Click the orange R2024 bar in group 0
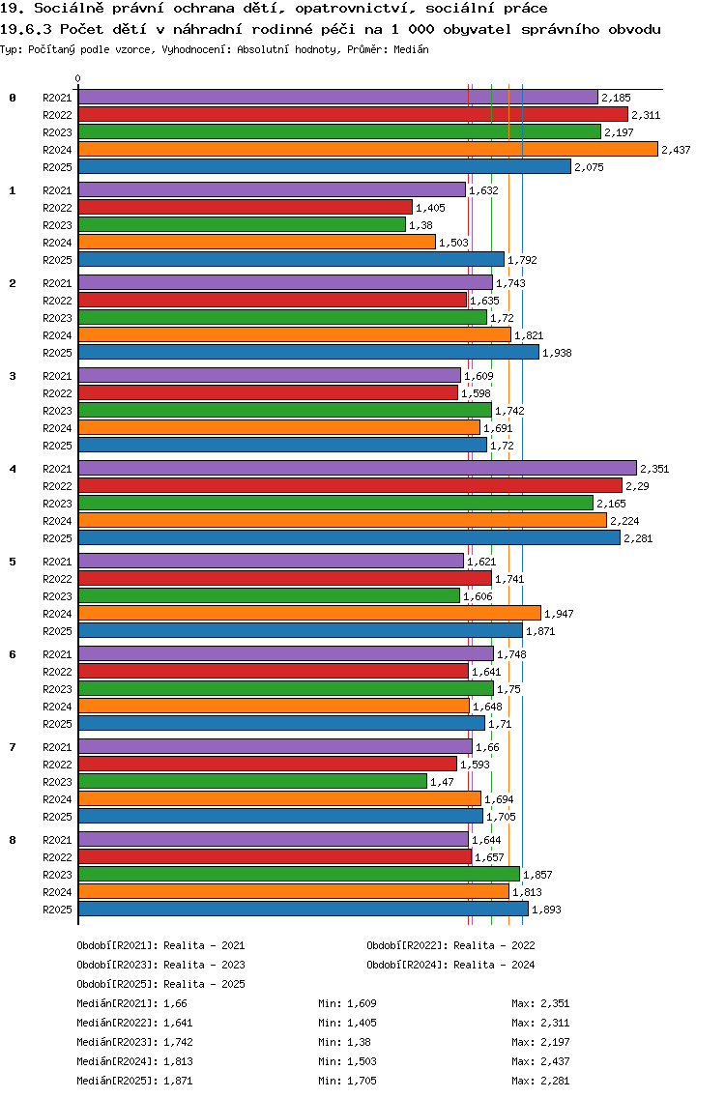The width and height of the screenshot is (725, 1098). click(367, 149)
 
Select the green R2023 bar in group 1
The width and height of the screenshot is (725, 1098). click(242, 224)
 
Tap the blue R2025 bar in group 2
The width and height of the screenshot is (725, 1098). click(308, 352)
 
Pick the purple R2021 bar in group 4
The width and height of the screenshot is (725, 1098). click(357, 468)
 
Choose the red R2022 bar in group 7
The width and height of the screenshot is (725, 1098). click(267, 764)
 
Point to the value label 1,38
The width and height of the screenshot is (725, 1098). click(420, 225)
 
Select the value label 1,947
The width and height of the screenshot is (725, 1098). click(560, 614)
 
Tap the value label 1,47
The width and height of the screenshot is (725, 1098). click(441, 782)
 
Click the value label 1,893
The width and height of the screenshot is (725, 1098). click(546, 910)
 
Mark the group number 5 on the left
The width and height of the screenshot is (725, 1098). click(13, 562)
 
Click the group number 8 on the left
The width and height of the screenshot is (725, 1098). click(13, 840)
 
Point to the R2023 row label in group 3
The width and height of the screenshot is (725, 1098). click(57, 411)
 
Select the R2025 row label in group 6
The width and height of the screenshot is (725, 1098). click(57, 724)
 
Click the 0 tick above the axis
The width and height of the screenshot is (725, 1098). click(78, 79)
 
